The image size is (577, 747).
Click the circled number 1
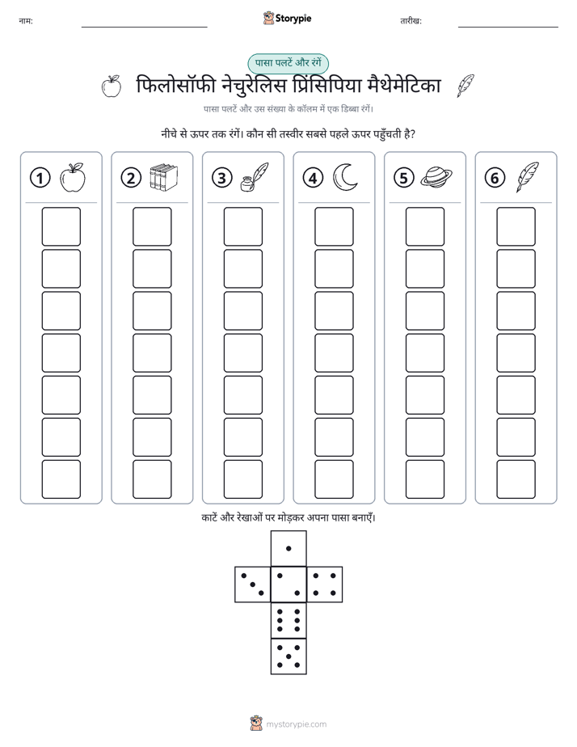tap(40, 178)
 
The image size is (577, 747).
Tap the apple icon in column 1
tap(73, 177)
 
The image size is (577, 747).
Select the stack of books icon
tap(163, 177)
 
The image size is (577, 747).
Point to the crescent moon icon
tap(345, 177)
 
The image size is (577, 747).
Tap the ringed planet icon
tap(436, 177)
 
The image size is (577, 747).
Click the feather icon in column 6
tap(527, 177)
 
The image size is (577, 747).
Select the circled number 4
tap(313, 178)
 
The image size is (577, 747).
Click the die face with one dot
tap(288, 548)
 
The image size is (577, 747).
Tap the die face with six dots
tap(288, 620)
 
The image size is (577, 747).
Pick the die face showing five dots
tap(288, 656)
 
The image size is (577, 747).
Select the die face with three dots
tap(253, 584)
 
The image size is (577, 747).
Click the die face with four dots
tap(325, 584)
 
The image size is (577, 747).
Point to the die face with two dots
tap(288, 584)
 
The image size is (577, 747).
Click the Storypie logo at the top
tap(287, 19)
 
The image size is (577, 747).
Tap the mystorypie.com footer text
tap(296, 724)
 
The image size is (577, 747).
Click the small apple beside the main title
tap(112, 87)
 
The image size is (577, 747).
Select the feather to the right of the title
tap(465, 86)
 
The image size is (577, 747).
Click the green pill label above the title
tap(288, 63)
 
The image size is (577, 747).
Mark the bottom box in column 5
tap(424, 479)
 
